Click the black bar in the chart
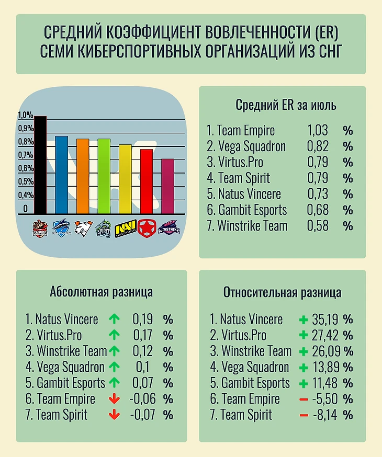(x=40, y=165)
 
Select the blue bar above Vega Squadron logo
(x=61, y=175)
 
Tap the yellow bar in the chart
(x=125, y=179)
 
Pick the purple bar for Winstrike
(x=167, y=186)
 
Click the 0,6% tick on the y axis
(x=25, y=168)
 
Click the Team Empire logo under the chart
(x=40, y=228)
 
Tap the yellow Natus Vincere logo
(x=125, y=228)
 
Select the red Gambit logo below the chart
(x=146, y=228)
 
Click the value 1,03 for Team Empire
(x=318, y=131)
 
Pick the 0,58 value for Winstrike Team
(x=318, y=226)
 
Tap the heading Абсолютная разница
(x=101, y=292)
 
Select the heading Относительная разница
(x=282, y=292)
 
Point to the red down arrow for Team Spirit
(x=113, y=415)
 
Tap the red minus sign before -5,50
(x=304, y=399)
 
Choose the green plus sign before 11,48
(x=303, y=383)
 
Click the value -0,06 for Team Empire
(x=142, y=399)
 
